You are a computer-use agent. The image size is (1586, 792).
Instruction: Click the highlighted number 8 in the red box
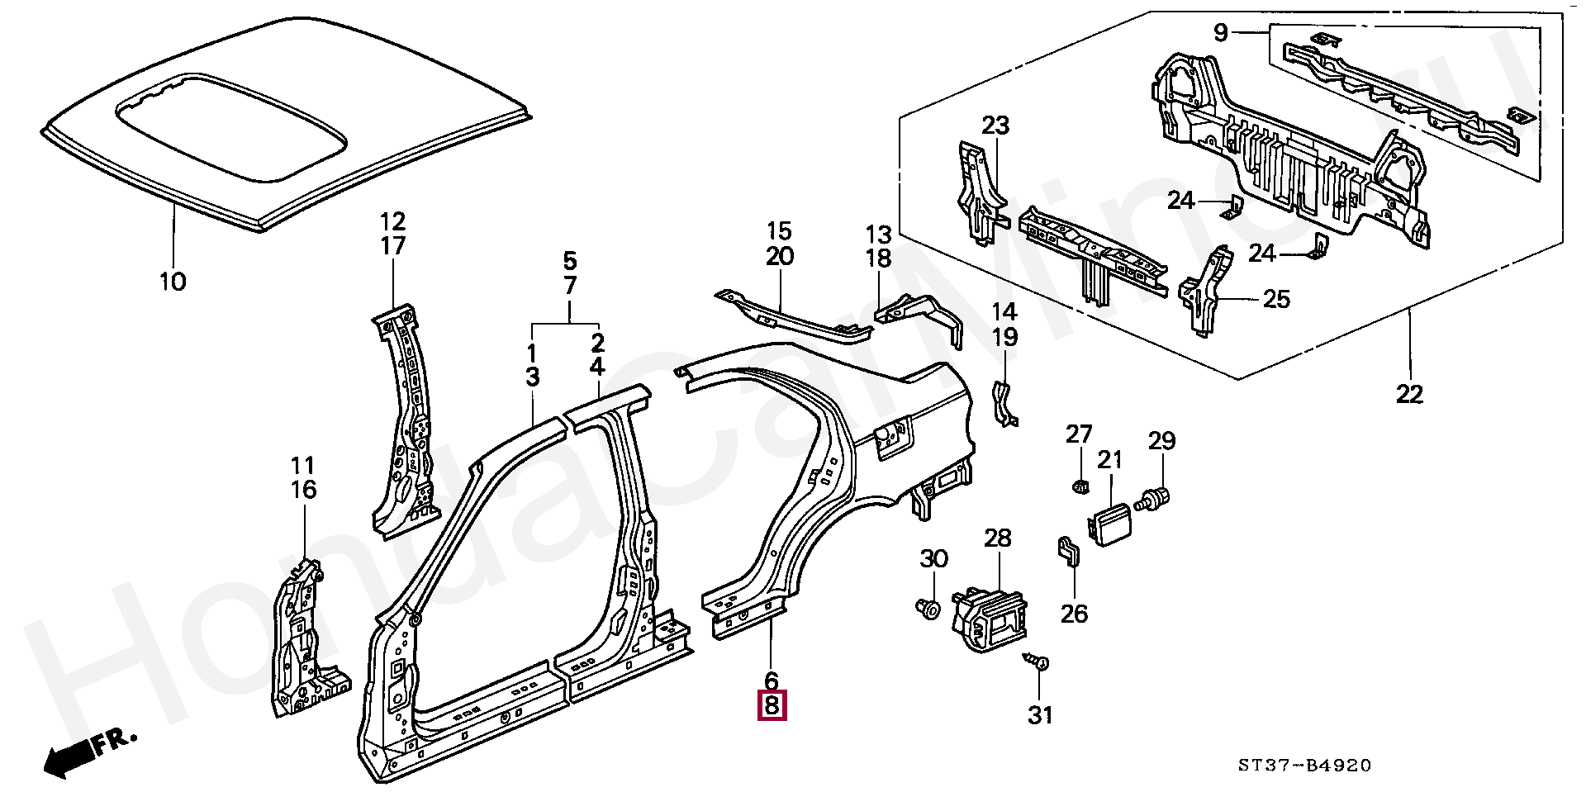(x=772, y=706)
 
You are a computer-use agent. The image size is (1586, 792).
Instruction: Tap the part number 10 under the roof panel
(x=173, y=282)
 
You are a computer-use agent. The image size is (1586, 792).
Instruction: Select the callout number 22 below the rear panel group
(x=1409, y=395)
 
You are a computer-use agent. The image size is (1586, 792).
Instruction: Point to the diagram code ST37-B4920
(x=1304, y=766)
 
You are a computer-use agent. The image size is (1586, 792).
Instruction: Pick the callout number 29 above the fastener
(x=1161, y=441)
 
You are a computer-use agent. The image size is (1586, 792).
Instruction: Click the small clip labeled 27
(x=1079, y=486)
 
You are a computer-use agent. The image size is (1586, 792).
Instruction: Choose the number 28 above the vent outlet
(x=997, y=538)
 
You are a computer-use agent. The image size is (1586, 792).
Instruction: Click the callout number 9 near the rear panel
(x=1220, y=33)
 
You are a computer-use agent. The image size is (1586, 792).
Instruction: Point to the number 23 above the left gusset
(x=995, y=126)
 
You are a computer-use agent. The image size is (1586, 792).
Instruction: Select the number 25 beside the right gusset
(x=1276, y=299)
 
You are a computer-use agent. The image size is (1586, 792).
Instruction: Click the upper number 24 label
(x=1181, y=200)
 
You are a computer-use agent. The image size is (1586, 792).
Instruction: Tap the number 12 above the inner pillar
(x=392, y=221)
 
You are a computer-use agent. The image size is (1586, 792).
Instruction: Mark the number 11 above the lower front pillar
(x=302, y=466)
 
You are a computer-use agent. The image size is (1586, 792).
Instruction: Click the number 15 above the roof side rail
(x=778, y=231)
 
